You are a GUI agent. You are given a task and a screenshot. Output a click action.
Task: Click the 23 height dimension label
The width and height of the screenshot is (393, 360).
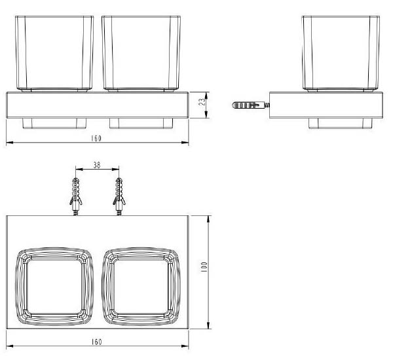click(202, 101)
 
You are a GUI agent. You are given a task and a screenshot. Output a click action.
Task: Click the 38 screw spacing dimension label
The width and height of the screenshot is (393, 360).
click(97, 165)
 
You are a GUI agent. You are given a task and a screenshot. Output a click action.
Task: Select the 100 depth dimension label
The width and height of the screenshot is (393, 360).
click(204, 267)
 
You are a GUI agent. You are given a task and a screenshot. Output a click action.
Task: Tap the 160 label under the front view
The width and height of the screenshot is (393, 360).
click(96, 138)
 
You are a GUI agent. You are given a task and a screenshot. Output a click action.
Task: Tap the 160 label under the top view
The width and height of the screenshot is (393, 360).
click(96, 342)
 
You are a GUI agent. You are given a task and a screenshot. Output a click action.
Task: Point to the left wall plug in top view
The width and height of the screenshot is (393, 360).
click(76, 196)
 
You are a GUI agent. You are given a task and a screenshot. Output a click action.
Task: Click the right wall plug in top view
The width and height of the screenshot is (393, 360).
click(119, 196)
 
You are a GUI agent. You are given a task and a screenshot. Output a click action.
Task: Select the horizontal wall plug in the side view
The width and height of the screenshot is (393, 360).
click(251, 105)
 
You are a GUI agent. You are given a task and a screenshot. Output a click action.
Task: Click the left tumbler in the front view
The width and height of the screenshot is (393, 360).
click(54, 54)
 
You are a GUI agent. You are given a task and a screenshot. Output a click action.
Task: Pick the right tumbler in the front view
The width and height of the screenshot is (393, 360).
click(141, 54)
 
